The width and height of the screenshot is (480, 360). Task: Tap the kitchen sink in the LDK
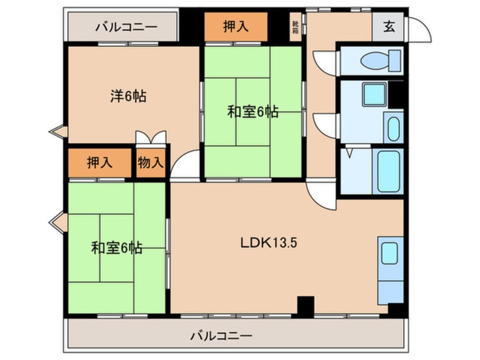pyautogui.click(x=389, y=253)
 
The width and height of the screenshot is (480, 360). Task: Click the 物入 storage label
pyautogui.click(x=150, y=163)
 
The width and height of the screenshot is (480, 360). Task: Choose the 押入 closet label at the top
pyautogui.click(x=235, y=27)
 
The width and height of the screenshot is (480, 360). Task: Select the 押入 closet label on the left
pyautogui.click(x=100, y=163)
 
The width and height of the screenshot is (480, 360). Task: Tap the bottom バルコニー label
pyautogui.click(x=221, y=336)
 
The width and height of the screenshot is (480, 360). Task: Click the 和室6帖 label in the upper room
pyautogui.click(x=252, y=112)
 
